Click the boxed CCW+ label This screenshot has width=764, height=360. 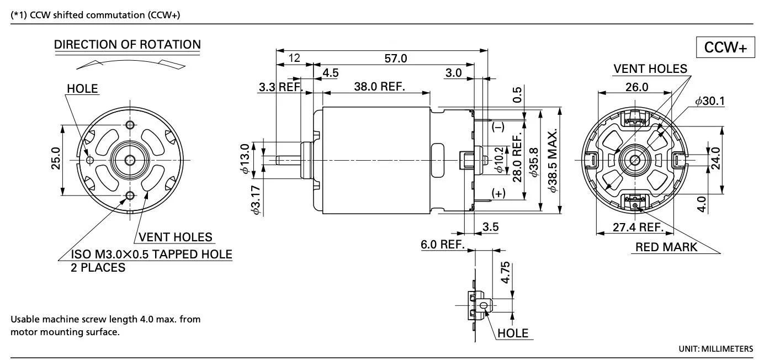[x=725, y=49]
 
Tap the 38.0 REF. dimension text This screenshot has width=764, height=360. [x=379, y=87]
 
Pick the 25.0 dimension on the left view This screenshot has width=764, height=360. [x=55, y=160]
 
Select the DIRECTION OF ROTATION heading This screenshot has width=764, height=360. [x=128, y=45]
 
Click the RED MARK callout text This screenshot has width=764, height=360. [x=666, y=247]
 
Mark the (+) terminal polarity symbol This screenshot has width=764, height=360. [x=498, y=193]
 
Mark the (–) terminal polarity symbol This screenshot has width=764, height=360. [x=498, y=127]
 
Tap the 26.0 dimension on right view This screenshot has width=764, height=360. [x=636, y=87]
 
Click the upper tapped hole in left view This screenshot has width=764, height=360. [x=130, y=123]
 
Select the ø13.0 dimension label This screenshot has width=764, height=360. [x=245, y=160]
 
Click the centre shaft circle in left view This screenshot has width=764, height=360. [x=130, y=160]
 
